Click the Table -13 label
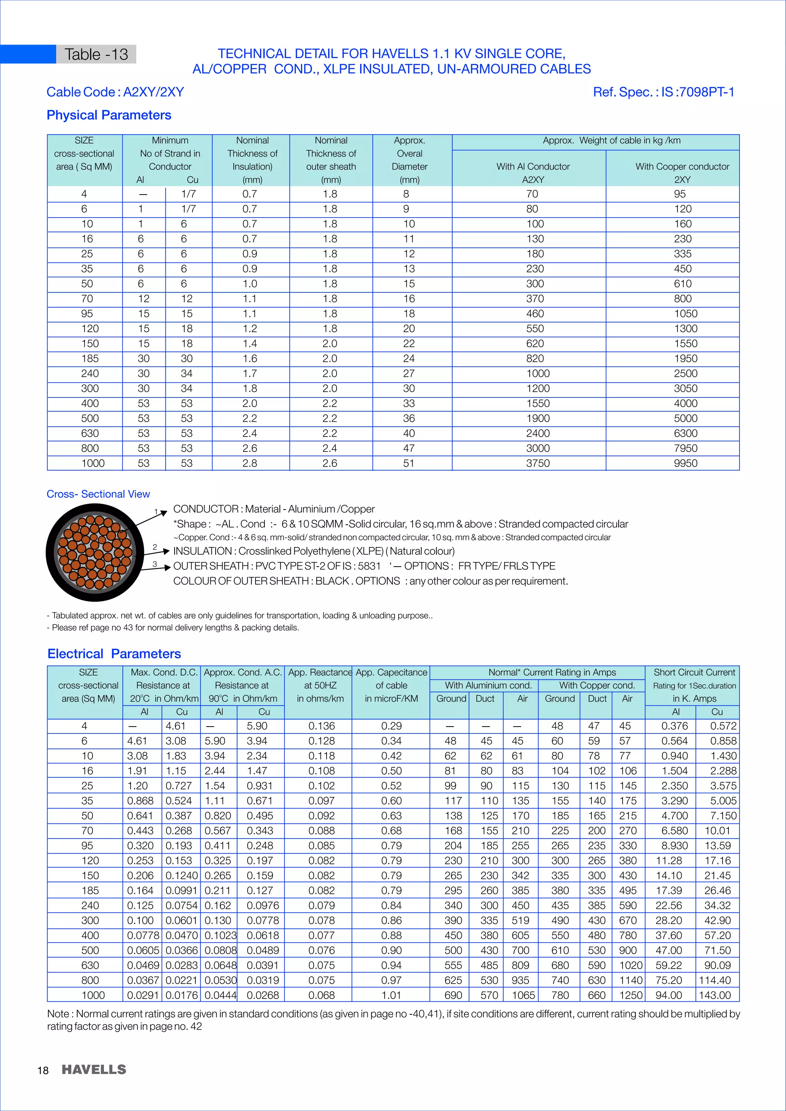coord(96,54)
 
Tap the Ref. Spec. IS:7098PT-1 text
coord(663,92)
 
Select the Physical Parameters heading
coord(109,115)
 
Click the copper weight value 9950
coord(685,463)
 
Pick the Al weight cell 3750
coord(538,463)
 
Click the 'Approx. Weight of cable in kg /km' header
coord(611,140)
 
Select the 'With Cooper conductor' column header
coord(682,166)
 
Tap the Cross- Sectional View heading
coord(98,494)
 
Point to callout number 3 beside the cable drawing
coord(155,564)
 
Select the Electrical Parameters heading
coord(114,654)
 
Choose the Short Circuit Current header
coord(694,672)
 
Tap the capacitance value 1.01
coord(391,995)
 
